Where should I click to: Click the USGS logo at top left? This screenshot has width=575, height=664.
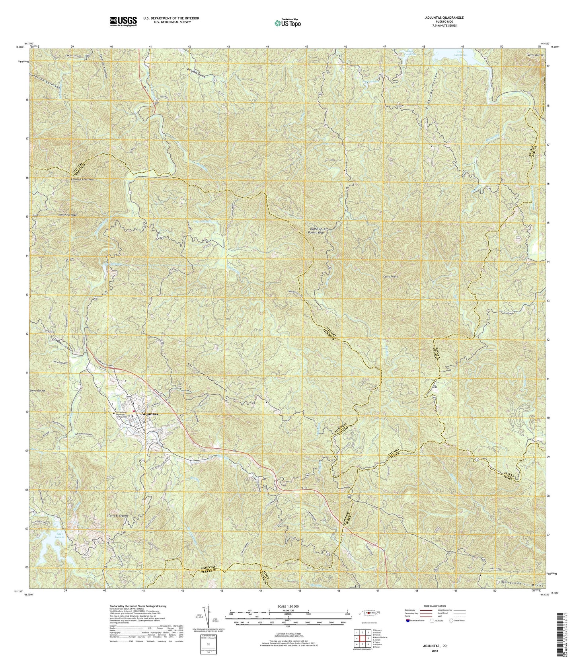[x=123, y=21]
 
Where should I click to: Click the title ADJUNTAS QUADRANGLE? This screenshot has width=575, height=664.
[x=437, y=18]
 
